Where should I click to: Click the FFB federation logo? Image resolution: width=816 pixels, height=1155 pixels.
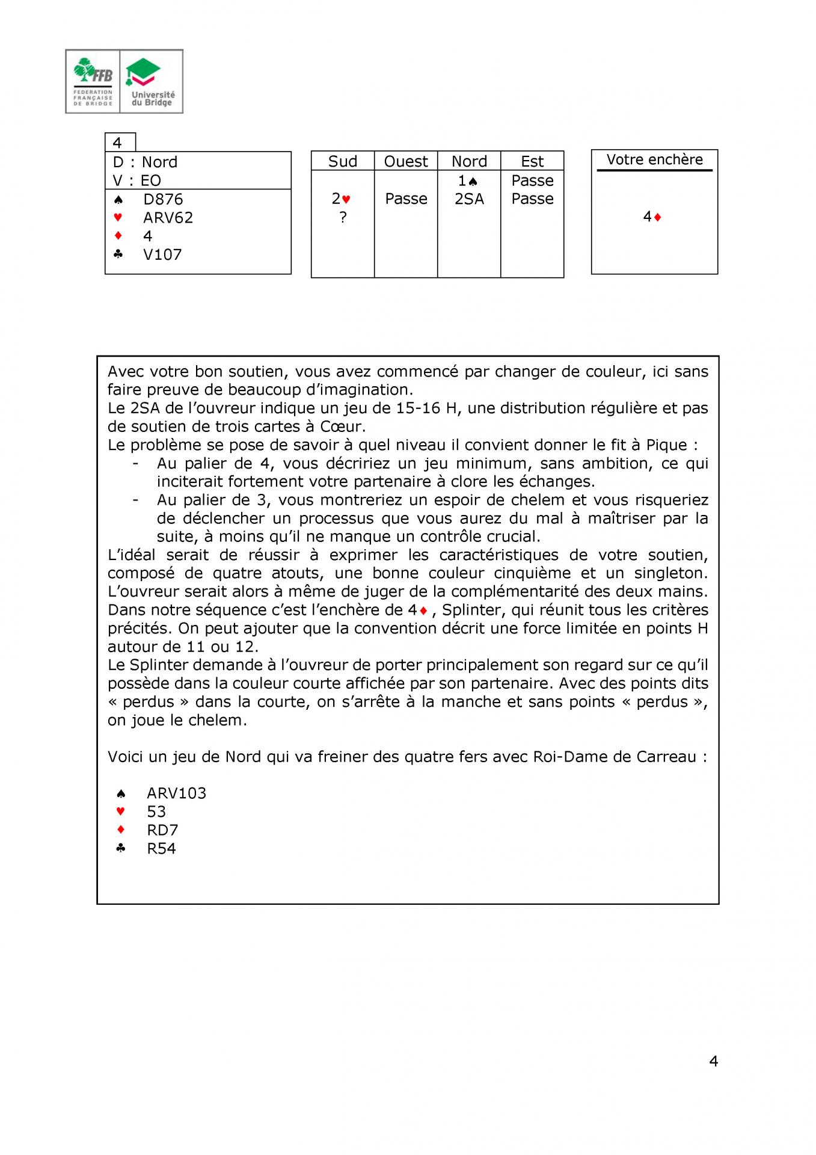click(x=93, y=81)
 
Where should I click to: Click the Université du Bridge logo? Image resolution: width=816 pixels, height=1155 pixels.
click(x=152, y=81)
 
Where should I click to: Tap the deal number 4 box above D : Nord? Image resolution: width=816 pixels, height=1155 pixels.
click(x=119, y=143)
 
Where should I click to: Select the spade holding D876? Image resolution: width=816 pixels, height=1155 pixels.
click(x=162, y=199)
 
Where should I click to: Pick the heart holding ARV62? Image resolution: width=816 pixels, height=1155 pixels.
click(x=168, y=218)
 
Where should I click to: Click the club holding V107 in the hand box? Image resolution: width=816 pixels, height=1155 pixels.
click(x=162, y=254)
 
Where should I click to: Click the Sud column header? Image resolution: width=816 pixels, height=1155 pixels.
click(x=342, y=161)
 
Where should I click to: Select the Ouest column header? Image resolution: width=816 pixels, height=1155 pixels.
click(x=406, y=161)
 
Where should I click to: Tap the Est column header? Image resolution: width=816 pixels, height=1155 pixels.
click(x=532, y=161)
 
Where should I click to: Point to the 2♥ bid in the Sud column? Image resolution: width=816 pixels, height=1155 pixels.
click(x=341, y=199)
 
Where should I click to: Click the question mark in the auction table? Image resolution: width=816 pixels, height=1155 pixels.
click(x=343, y=218)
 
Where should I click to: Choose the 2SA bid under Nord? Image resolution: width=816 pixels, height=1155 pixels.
click(x=469, y=199)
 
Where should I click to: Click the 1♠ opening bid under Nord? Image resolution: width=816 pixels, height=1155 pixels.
click(x=467, y=180)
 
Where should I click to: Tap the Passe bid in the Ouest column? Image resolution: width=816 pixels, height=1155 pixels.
click(x=406, y=199)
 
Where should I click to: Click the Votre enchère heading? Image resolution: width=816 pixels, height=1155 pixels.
click(x=654, y=159)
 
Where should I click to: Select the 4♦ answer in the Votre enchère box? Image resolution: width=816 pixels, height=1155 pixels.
click(x=652, y=217)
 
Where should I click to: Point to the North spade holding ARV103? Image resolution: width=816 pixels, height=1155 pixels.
click(x=176, y=793)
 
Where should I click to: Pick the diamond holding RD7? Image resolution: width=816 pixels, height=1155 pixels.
click(x=162, y=830)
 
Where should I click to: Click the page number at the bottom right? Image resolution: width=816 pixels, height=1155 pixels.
click(x=713, y=1061)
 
